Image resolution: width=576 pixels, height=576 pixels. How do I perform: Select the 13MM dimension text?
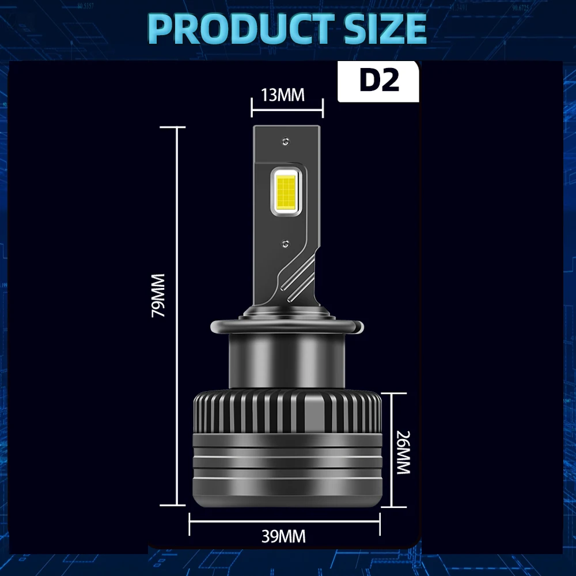[282, 94]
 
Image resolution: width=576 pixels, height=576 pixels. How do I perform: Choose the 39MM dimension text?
[283, 537]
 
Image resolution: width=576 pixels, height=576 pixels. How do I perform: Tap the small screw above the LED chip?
[285, 139]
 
